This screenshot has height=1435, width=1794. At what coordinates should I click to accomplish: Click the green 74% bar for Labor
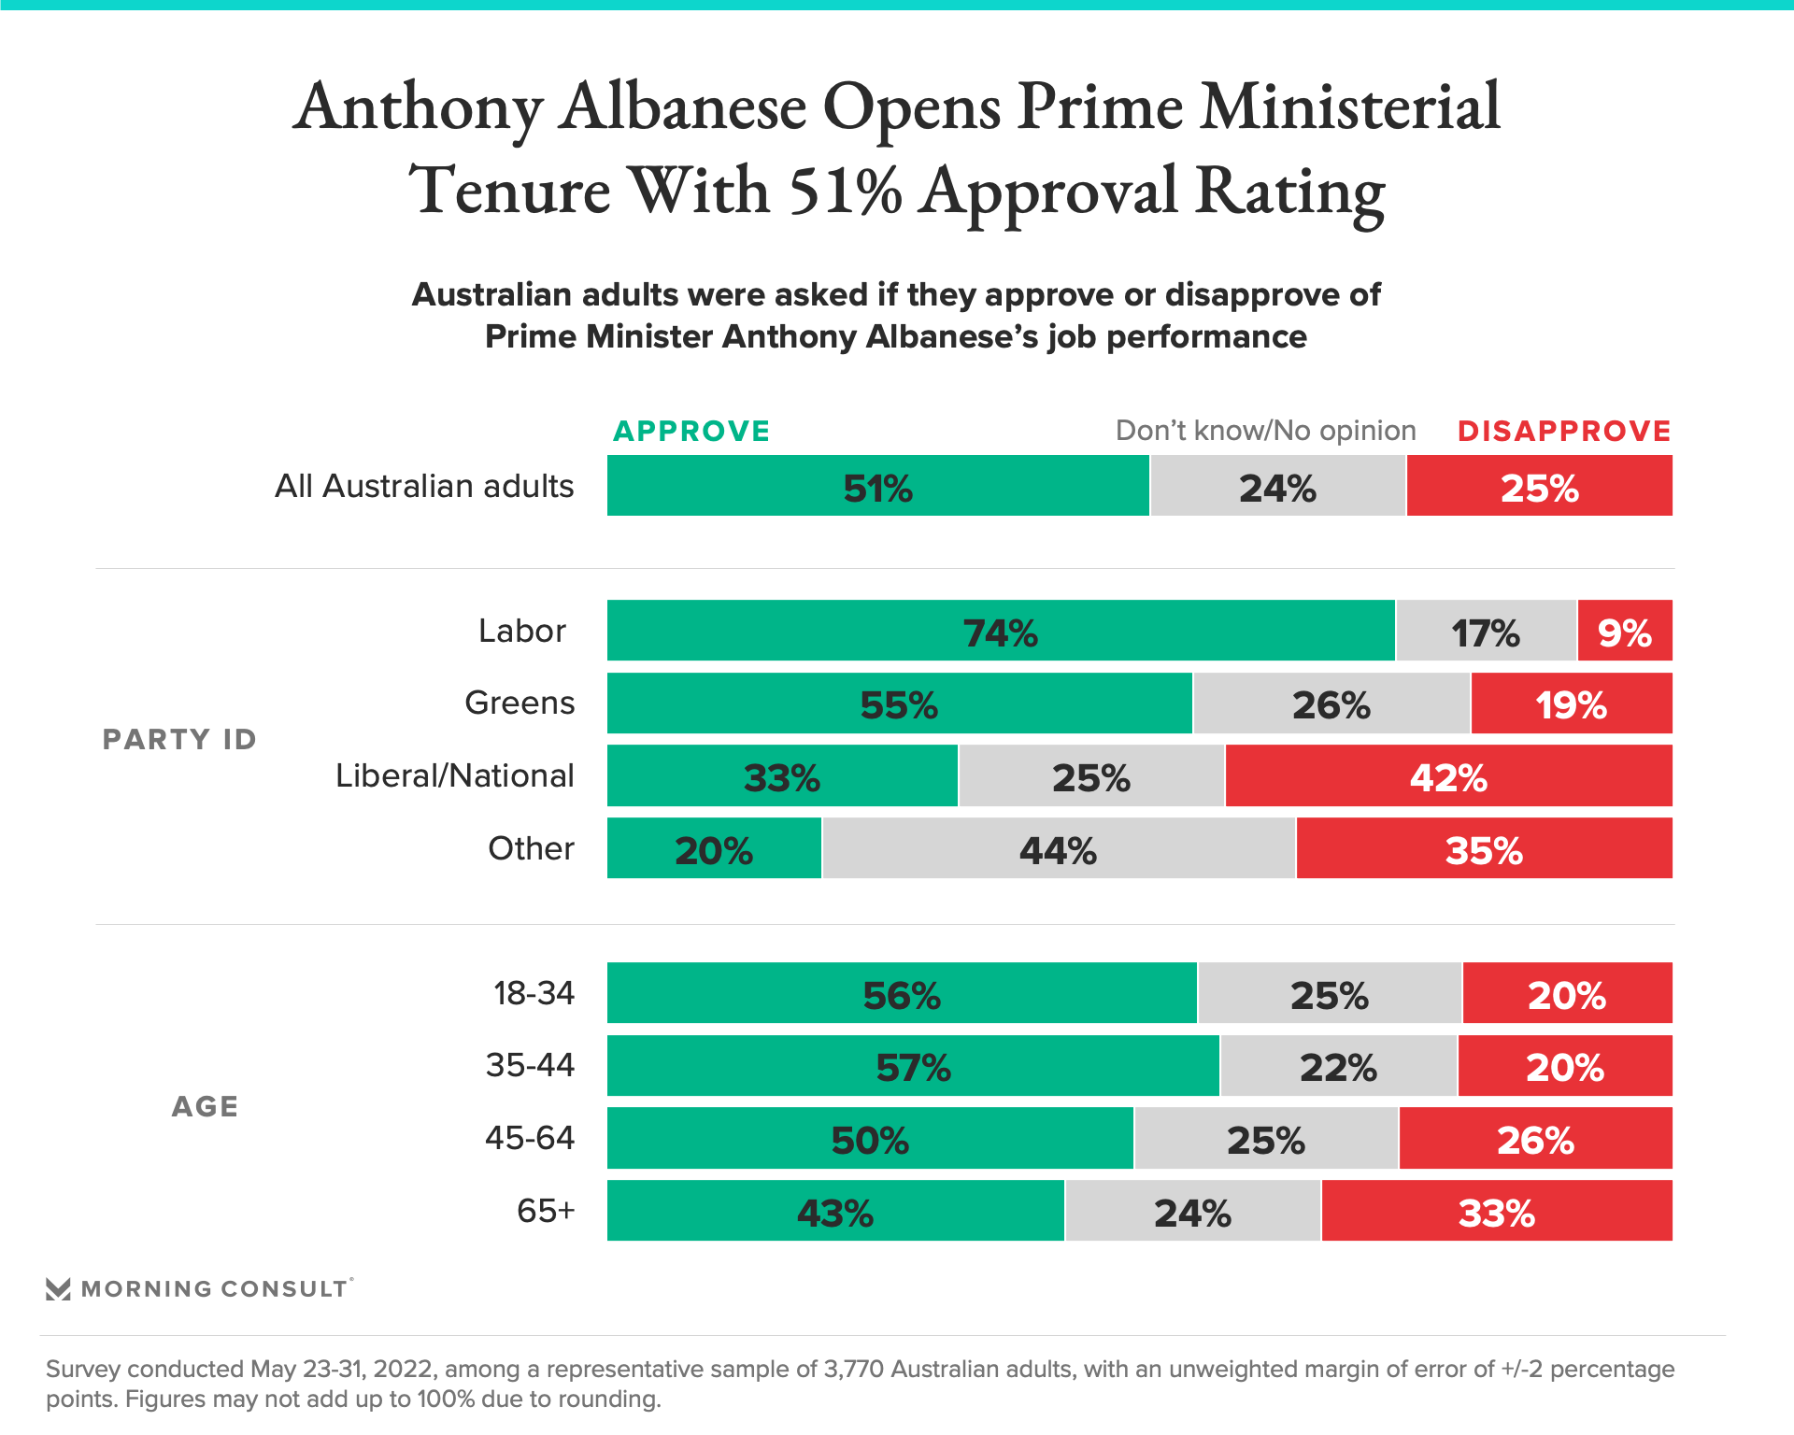(x=1000, y=632)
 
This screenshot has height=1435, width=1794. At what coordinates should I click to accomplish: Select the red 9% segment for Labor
(x=1624, y=632)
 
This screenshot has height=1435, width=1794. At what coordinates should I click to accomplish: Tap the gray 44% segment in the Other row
(x=1058, y=848)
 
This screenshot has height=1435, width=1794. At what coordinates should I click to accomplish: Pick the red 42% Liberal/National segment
(x=1448, y=776)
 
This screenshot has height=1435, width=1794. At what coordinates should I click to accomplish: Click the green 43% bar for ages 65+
(x=834, y=1212)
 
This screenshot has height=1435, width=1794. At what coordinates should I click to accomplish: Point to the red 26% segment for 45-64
(x=1535, y=1139)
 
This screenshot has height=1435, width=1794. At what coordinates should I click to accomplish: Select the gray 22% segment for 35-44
(x=1338, y=1066)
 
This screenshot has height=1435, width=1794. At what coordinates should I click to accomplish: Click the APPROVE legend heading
(x=691, y=431)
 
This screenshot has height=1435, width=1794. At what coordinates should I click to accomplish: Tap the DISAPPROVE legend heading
(x=1564, y=431)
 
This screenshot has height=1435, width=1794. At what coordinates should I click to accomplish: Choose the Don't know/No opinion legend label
(x=1265, y=431)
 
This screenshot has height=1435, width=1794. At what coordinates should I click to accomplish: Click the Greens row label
(x=520, y=703)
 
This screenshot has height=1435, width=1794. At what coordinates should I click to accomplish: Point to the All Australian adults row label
(x=424, y=487)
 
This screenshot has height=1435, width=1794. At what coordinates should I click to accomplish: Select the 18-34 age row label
(x=534, y=993)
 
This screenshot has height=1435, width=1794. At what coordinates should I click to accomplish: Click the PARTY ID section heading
(x=179, y=739)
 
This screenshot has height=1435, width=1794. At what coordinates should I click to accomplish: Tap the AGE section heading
(x=205, y=1106)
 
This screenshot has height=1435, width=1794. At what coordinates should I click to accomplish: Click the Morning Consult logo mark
(x=58, y=1289)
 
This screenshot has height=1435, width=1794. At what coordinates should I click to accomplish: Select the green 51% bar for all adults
(x=877, y=487)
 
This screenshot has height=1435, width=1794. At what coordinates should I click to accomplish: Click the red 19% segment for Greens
(x=1571, y=703)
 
